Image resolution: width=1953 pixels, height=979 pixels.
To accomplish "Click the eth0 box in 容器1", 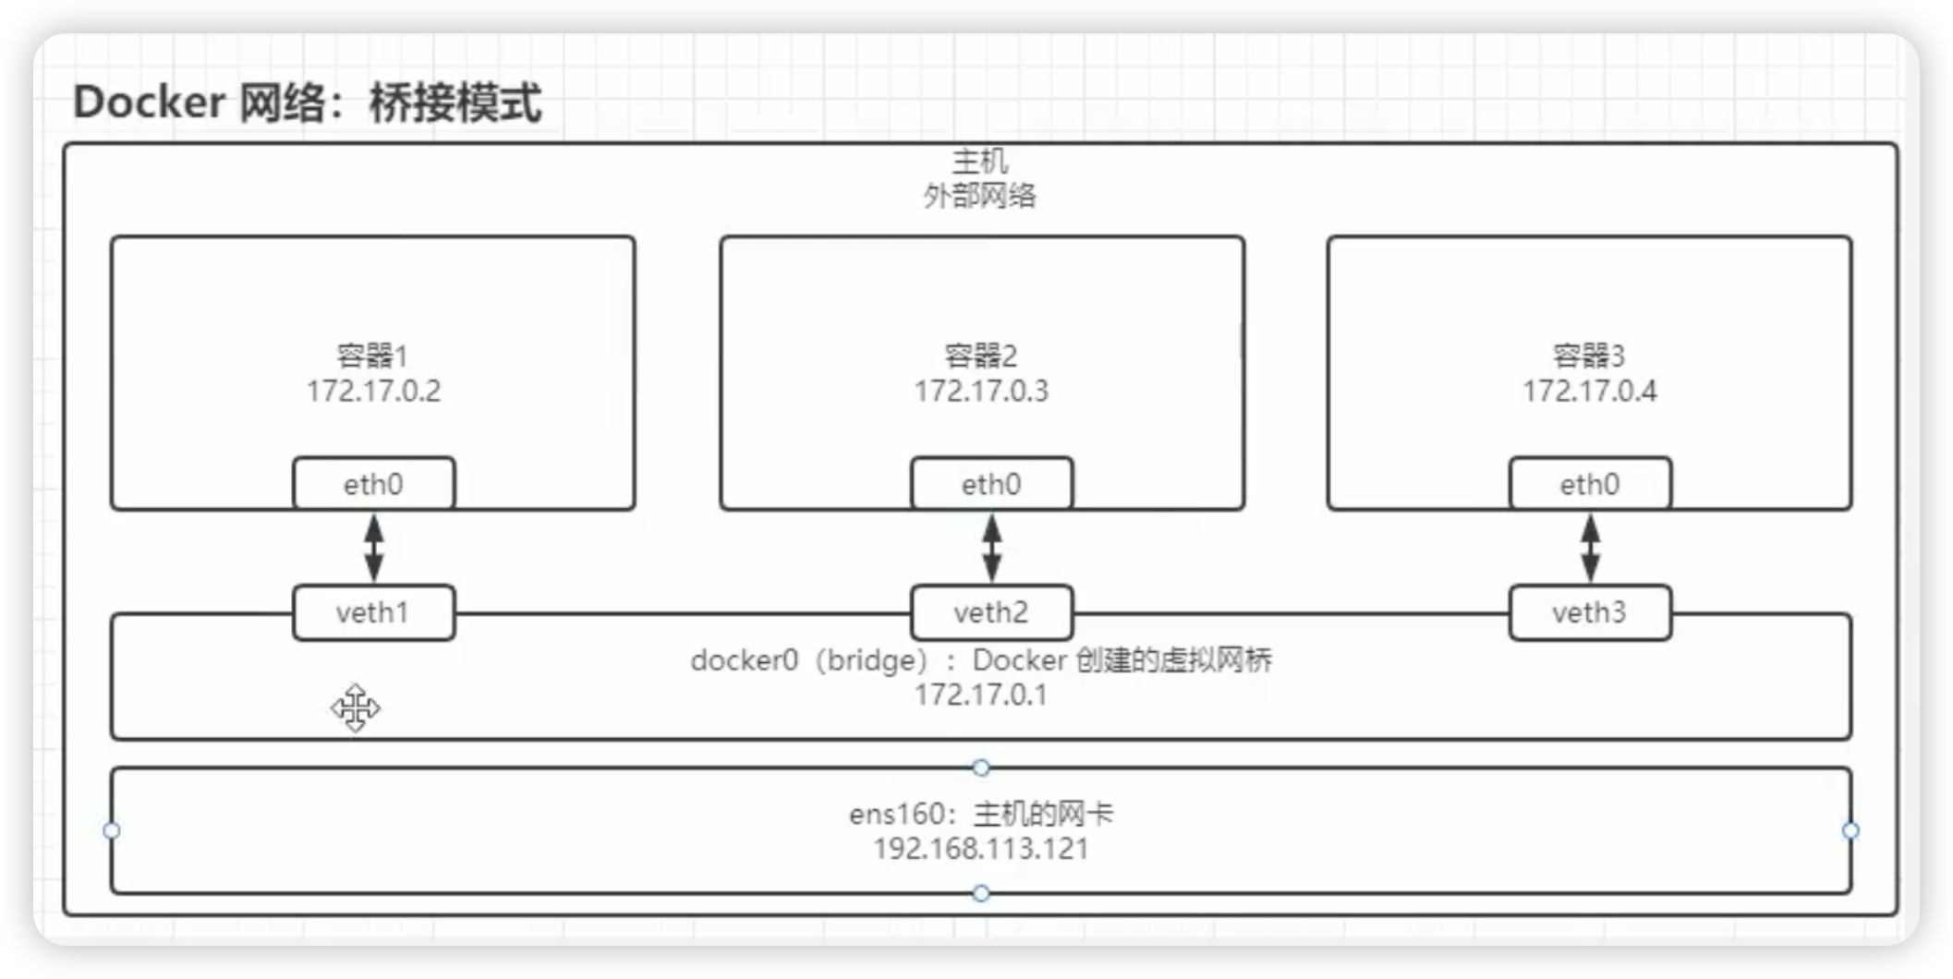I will coord(374,484).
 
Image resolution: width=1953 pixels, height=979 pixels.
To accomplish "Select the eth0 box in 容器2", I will coord(991,484).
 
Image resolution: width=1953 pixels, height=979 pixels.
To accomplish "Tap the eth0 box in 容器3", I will coord(1590,484).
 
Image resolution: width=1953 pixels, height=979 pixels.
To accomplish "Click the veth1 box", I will coord(373,612).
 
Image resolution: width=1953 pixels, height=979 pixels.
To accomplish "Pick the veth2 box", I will coord(991,612).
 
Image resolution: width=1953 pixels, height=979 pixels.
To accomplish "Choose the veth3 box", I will coord(1590,612).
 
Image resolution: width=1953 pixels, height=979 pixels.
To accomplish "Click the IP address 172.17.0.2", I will coord(374,392).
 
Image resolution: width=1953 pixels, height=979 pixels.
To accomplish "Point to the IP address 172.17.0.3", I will coord(981,392).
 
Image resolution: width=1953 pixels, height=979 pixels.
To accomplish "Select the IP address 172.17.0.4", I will coord(1589,392).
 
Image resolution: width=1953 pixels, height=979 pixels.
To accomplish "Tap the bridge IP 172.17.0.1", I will coord(981,695).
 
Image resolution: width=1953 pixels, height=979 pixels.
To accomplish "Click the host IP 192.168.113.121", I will coord(981,849).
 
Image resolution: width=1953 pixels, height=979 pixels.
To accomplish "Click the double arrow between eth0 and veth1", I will coord(374,548).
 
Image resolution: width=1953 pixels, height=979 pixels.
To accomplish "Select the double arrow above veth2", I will coord(991,548).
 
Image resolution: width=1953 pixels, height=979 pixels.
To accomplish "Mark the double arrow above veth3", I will coord(1590,548).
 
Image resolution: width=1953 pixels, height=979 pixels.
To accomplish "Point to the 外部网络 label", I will coord(980,196).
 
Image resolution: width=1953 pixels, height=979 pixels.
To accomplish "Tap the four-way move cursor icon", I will coord(356,708).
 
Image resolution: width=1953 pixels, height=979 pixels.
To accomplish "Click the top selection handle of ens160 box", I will coord(981,767).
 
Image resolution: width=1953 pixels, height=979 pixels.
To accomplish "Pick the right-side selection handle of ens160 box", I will coord(1850,830).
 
